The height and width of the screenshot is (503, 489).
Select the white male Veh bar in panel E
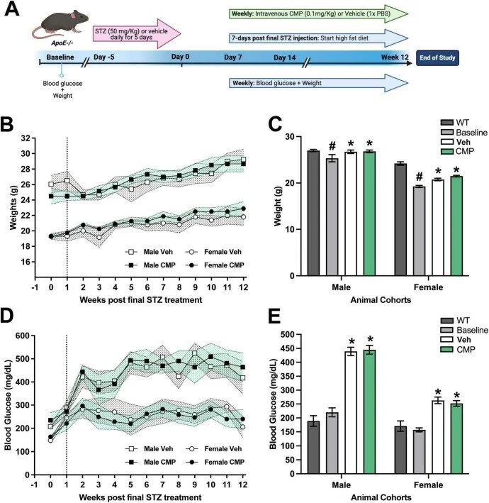point(350,408)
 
